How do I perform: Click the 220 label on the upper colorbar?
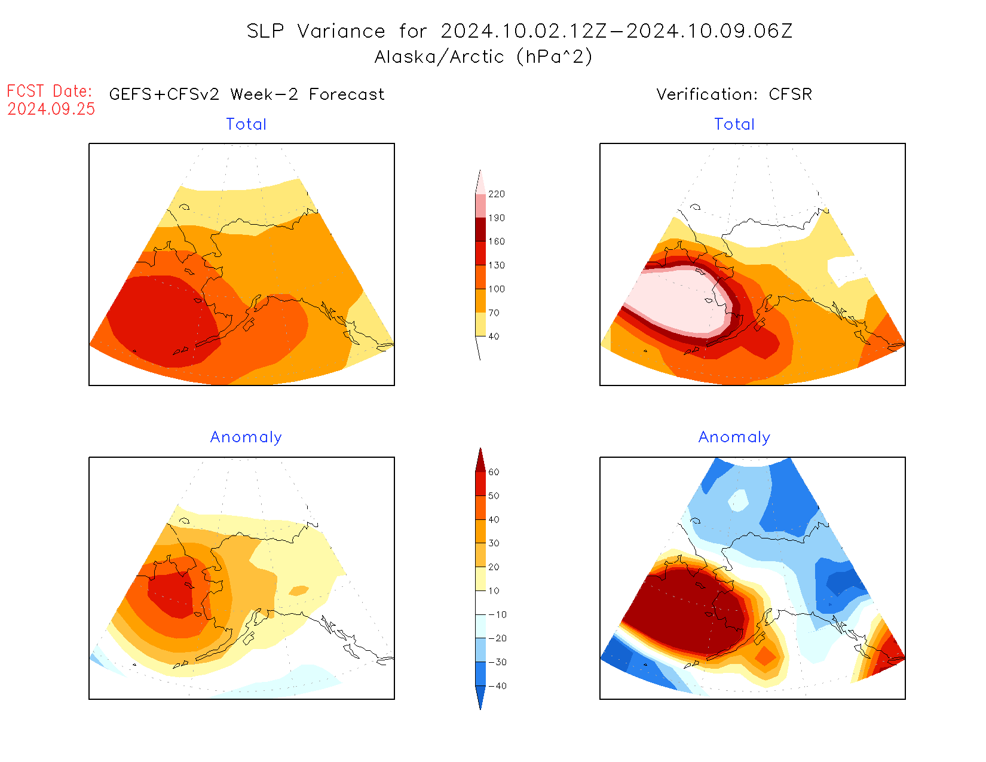(496, 194)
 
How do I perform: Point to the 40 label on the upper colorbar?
(494, 336)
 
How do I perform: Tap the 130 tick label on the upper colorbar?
(496, 265)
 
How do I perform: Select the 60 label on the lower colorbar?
(494, 472)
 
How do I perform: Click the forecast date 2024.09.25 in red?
(51, 109)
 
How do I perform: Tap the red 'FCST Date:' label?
(50, 91)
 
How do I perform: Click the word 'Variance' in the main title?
(341, 31)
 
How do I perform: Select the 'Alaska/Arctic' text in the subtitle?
(439, 57)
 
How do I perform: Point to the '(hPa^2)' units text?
(554, 57)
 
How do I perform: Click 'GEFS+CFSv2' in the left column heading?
(164, 94)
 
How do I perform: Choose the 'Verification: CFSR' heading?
(734, 94)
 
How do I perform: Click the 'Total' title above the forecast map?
(246, 124)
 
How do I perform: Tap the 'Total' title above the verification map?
(734, 124)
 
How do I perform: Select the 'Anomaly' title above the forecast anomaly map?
(246, 437)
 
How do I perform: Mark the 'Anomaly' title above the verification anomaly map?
(734, 437)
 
